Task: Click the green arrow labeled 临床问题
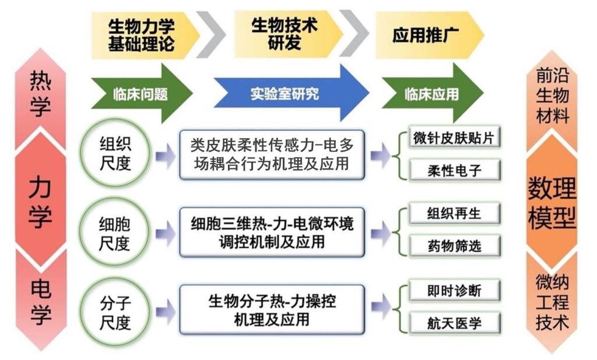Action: [x=141, y=93]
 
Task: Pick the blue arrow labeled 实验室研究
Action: [x=286, y=93]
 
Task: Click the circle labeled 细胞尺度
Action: [x=115, y=234]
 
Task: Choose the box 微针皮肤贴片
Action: [x=453, y=139]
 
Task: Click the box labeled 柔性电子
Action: [x=453, y=170]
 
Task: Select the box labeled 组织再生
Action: [x=453, y=214]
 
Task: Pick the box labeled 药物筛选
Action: [x=453, y=246]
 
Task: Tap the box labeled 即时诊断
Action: [x=453, y=290]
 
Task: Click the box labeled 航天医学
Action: [x=453, y=322]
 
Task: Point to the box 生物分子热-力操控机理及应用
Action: [x=272, y=310]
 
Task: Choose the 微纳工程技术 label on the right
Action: [x=552, y=303]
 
